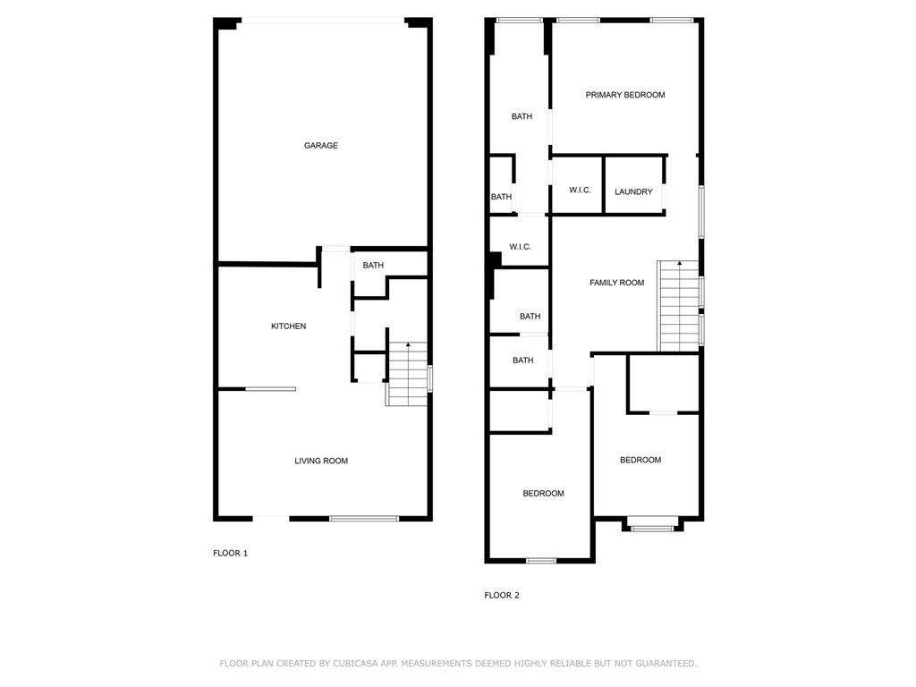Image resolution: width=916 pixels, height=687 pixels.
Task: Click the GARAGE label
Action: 320,146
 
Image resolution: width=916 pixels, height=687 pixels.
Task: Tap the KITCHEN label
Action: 288,327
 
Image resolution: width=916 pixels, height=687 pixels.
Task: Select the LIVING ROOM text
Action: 321,461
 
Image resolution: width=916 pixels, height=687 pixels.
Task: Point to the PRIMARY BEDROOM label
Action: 624,95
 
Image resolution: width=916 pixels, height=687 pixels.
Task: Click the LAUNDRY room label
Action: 633,191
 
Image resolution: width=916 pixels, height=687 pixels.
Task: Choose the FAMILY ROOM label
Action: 616,283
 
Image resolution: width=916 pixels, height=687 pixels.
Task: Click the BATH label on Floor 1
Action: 373,266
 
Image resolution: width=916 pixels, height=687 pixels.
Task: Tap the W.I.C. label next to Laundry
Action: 580,191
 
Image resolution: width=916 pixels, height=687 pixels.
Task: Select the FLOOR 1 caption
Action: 230,553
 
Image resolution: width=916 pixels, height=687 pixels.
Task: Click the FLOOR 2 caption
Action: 502,595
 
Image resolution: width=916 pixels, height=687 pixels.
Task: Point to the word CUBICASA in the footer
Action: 358,664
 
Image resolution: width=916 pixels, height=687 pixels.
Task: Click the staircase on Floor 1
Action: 408,376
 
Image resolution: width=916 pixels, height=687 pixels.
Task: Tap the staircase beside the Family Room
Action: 678,307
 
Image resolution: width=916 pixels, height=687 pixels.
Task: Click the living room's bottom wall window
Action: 364,518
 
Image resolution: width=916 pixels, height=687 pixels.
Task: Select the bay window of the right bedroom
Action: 652,528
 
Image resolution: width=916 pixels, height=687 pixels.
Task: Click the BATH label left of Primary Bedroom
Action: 522,116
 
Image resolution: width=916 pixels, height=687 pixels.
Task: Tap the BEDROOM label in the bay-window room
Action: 640,460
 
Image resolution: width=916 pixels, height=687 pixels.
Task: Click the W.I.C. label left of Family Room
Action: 520,247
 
